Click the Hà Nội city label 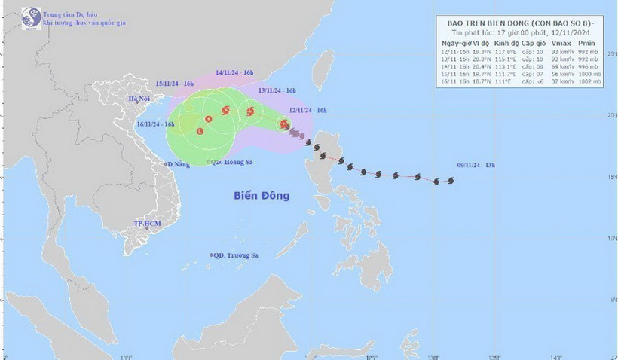[138, 99]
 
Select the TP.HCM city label [148, 224]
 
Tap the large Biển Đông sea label [261, 196]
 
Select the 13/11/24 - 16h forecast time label [275, 90]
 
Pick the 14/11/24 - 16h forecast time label [234, 73]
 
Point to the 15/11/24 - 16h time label [176, 81]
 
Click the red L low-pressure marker [200, 132]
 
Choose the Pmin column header [587, 45]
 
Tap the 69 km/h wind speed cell [558, 67]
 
